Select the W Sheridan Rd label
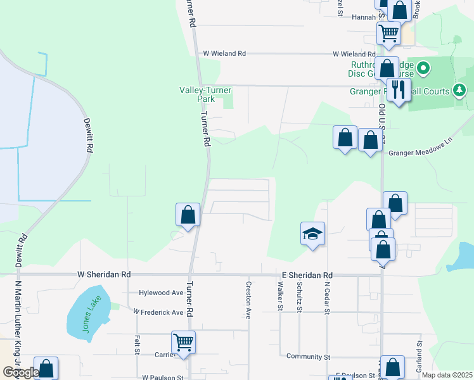tap(103, 275)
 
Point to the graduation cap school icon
tap(313, 234)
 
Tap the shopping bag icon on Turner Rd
tap(188, 215)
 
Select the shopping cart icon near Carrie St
tap(183, 343)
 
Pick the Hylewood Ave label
tap(161, 293)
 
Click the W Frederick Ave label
tap(158, 312)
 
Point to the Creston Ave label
tap(249, 300)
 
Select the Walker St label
tap(279, 297)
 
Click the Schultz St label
tap(299, 296)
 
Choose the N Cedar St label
tap(327, 297)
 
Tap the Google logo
tap(20, 372)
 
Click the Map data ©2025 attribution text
tap(447, 375)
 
